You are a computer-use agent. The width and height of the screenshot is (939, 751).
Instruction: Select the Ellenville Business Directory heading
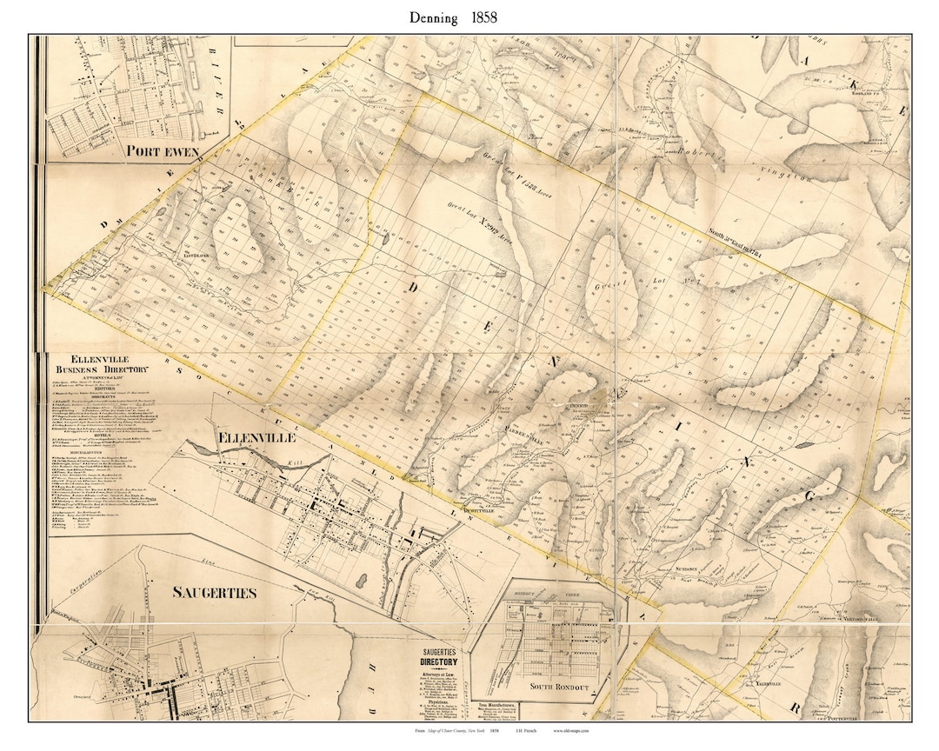pyautogui.click(x=99, y=363)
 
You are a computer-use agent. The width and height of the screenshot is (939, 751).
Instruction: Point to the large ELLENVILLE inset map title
pyautogui.click(x=256, y=437)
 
